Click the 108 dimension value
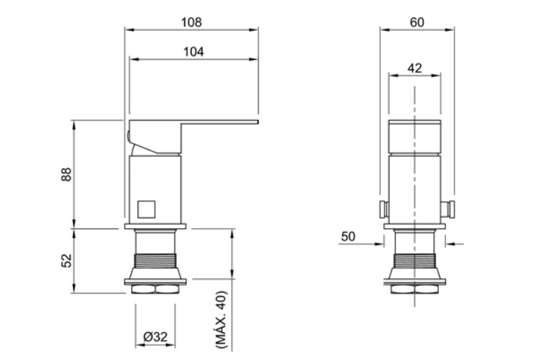(191, 22)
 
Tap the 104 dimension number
(193, 52)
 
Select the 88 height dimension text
(67, 175)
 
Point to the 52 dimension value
(67, 261)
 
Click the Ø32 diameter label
(155, 336)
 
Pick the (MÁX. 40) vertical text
(221, 319)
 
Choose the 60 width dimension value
(417, 22)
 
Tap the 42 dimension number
(415, 68)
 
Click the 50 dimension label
(348, 236)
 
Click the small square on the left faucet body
(146, 209)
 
